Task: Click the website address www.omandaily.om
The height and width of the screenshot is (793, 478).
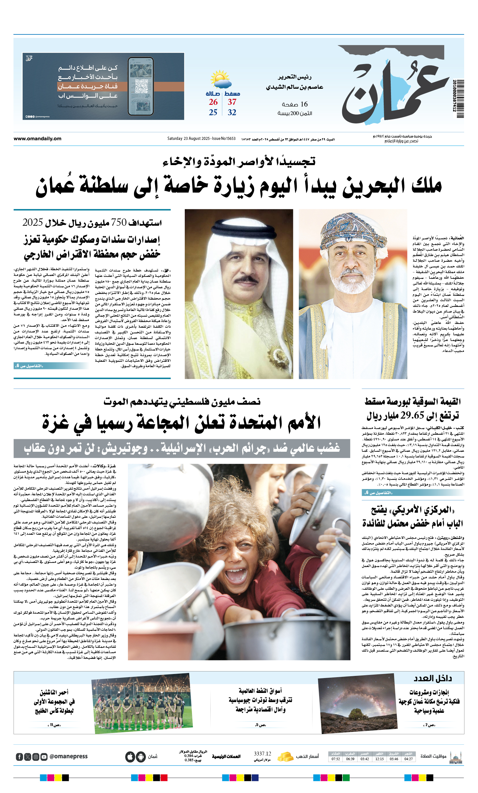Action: (x=37, y=139)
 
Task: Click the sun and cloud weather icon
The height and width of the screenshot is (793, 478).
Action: (x=220, y=79)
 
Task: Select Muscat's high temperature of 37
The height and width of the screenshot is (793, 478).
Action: (x=232, y=102)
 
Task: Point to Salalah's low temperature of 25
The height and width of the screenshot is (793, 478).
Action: (x=213, y=112)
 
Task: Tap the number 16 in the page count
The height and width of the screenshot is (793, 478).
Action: (x=304, y=104)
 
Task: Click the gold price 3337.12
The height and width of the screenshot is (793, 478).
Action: (x=262, y=754)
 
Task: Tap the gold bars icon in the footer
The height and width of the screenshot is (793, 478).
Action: (x=285, y=756)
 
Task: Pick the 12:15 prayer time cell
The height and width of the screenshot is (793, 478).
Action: (x=379, y=759)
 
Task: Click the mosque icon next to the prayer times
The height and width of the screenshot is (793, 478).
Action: (x=456, y=757)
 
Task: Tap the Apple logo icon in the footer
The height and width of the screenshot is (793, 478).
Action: (x=130, y=757)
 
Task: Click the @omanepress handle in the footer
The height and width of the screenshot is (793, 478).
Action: (x=68, y=757)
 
